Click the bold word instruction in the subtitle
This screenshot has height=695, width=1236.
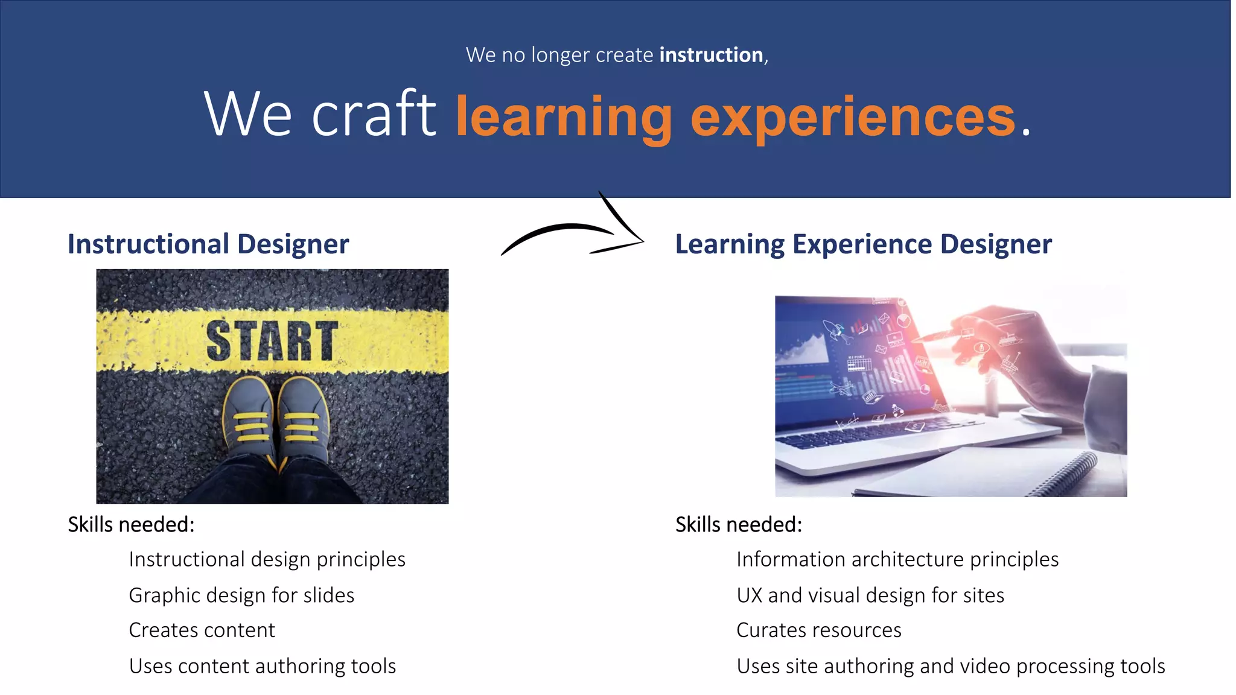pyautogui.click(x=711, y=55)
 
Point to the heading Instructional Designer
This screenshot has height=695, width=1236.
pyautogui.click(x=208, y=244)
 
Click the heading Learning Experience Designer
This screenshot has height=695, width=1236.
pyautogui.click(x=863, y=244)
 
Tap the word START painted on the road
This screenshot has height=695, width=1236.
pyautogui.click(x=272, y=341)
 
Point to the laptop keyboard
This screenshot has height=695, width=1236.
pyautogui.click(x=875, y=431)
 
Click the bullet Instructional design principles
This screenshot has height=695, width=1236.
pyautogui.click(x=267, y=559)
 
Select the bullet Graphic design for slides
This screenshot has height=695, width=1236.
pyautogui.click(x=241, y=595)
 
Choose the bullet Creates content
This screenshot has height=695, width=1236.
pyautogui.click(x=202, y=630)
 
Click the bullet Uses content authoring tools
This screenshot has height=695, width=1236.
pyautogui.click(x=263, y=666)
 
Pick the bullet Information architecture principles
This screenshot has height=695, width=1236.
pyautogui.click(x=897, y=559)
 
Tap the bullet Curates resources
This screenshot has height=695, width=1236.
pyautogui.click(x=818, y=630)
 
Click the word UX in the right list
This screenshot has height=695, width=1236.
pyautogui.click(x=749, y=595)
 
